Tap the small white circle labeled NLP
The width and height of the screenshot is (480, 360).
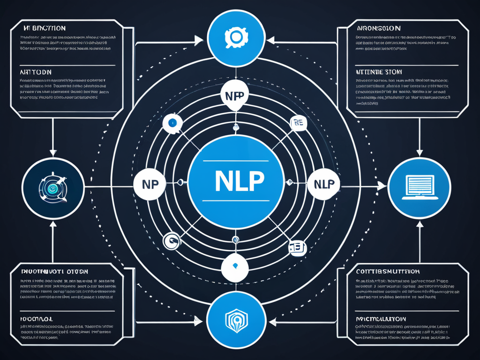coord(323,184)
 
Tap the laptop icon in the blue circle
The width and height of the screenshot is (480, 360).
coord(420,187)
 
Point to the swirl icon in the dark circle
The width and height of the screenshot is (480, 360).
coord(53,187)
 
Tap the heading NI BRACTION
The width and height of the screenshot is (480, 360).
coord(44,28)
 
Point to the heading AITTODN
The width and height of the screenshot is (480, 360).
coord(36,72)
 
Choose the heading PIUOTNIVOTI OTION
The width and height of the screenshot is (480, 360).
coord(55,271)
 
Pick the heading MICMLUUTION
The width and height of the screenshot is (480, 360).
coord(380,318)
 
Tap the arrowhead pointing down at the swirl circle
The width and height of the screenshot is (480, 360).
coord(53,152)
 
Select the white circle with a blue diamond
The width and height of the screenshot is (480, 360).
coord(234,266)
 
